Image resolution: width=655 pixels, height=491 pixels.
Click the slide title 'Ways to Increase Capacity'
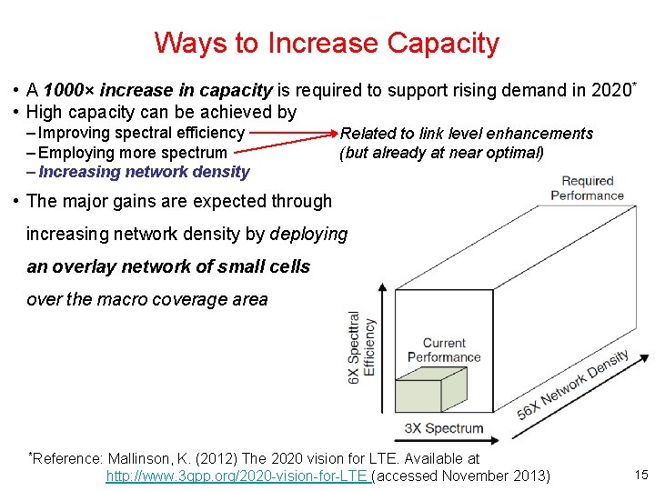pos(327,43)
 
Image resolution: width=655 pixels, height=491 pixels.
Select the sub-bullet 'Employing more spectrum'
pos(132,153)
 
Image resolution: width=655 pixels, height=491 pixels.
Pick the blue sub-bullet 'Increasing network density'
pos(144,172)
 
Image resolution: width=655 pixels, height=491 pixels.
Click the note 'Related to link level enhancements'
pos(466,134)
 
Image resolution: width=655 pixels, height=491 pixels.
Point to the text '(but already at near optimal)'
pos(441,153)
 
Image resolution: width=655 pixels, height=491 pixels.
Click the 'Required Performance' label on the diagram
pos(587,188)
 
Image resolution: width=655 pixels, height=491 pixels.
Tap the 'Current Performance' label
pos(444,350)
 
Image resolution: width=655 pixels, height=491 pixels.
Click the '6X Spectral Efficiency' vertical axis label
pos(361,347)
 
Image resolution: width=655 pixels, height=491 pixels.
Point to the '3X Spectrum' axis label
pos(444,428)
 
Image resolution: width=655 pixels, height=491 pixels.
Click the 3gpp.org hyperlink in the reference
pos(237,476)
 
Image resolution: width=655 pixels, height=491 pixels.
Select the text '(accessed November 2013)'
pos(461,476)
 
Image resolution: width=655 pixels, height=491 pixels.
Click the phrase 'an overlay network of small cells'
pos(168,266)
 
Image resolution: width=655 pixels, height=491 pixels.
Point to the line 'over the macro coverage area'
pos(147,299)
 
